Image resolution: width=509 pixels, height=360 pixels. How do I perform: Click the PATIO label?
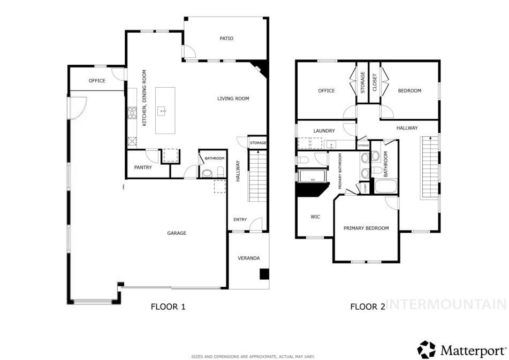tap(226, 39)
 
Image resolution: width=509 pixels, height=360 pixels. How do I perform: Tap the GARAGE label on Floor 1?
tap(177, 233)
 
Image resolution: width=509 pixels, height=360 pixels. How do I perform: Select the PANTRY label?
tap(143, 167)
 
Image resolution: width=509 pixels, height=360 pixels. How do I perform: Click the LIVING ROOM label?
tap(233, 98)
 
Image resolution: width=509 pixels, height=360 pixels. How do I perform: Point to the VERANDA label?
tap(248, 258)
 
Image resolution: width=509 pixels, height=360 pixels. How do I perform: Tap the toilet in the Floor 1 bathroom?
tap(219, 172)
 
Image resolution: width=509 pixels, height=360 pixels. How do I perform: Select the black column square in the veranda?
tap(264, 274)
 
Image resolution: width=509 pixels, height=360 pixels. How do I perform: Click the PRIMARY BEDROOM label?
tap(366, 228)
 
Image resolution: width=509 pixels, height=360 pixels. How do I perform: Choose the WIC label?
tap(315, 217)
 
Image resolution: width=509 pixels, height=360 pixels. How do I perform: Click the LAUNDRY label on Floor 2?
tap(324, 131)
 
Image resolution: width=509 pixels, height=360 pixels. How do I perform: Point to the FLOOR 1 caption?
tap(168, 307)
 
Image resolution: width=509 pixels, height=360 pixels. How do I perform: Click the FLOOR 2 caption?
tap(367, 307)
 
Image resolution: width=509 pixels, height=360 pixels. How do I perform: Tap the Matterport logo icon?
tap(427, 350)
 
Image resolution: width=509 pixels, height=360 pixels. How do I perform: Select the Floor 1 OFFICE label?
tap(97, 81)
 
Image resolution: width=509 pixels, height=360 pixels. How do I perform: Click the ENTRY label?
tap(240, 220)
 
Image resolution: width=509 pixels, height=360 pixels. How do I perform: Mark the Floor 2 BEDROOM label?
tap(409, 90)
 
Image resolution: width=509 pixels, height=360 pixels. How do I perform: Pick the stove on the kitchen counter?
tap(132, 113)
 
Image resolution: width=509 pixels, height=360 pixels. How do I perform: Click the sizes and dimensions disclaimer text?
tap(253, 356)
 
